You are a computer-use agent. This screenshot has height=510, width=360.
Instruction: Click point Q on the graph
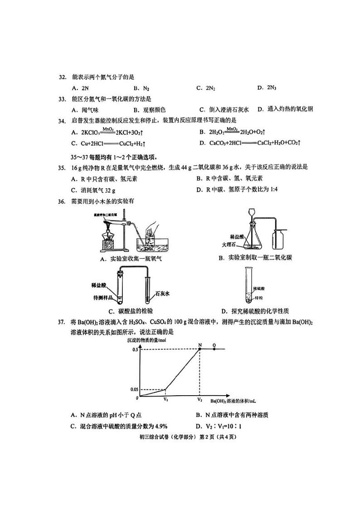[214, 348]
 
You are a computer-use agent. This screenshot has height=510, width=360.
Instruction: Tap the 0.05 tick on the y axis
[135, 389]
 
